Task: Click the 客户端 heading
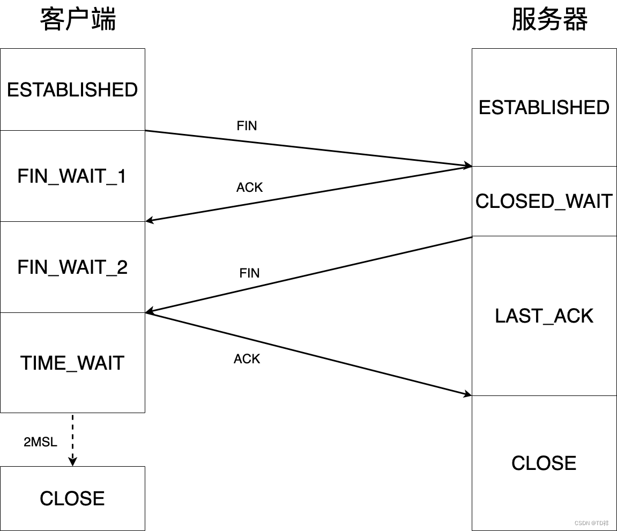point(78,20)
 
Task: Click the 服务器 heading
point(549,20)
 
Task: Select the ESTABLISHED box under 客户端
point(72,89)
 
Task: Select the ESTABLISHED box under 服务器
point(544,107)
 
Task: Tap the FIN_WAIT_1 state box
point(72,176)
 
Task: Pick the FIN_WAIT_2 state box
point(72,267)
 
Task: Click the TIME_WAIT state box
point(72,363)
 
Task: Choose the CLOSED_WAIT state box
point(544,201)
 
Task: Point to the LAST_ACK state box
point(544,316)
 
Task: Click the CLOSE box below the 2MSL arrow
point(72,498)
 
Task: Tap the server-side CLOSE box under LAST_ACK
point(544,463)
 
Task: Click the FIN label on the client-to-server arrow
point(247,126)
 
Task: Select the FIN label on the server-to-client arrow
point(250,273)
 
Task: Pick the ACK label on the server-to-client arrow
point(250,188)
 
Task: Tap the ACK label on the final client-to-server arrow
point(247,359)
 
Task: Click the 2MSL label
point(40,443)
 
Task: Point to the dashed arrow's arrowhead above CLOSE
point(72,461)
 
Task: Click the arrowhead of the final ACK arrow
point(467,394)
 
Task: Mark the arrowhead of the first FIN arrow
point(467,166)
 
